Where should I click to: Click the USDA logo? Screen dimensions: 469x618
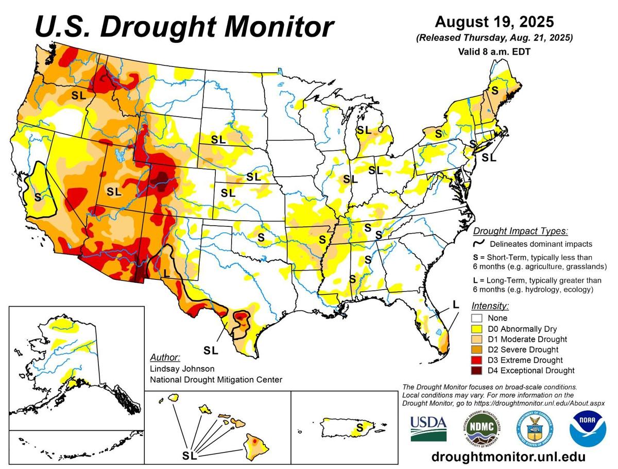tap(428, 428)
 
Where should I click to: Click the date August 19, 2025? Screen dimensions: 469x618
tap(494, 22)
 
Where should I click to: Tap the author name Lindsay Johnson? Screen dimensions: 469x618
tap(182, 368)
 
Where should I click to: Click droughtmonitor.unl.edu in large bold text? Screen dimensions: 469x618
tap(508, 457)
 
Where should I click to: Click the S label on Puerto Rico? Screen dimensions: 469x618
tap(359, 427)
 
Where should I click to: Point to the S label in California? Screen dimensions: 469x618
tap(37, 197)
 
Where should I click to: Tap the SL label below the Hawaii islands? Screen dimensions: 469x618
tap(190, 456)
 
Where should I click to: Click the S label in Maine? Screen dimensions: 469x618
tap(494, 90)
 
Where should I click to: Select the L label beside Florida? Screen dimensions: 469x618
tap(455, 304)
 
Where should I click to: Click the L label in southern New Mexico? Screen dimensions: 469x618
tap(166, 272)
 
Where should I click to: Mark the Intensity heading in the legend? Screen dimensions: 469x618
tap(490, 306)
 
